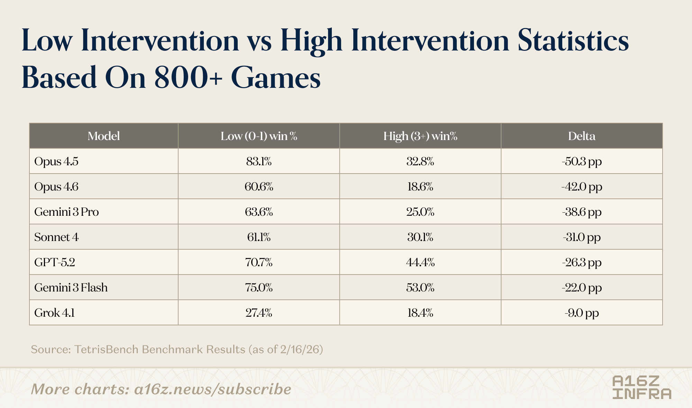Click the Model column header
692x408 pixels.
[104, 136]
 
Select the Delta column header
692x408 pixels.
[582, 136]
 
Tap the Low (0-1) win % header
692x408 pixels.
[259, 136]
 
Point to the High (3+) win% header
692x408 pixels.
[420, 136]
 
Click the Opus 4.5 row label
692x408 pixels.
[56, 161]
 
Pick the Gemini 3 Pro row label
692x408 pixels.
[66, 212]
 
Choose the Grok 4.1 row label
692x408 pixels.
[54, 313]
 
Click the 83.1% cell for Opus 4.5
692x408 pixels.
[259, 161]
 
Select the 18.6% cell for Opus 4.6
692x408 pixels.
[420, 187]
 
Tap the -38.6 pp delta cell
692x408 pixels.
[582, 212]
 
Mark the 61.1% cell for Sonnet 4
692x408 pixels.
[259, 237]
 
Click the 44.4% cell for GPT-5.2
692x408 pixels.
[420, 262]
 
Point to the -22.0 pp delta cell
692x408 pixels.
[582, 288]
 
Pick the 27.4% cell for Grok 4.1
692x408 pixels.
[259, 313]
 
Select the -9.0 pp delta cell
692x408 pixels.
[582, 313]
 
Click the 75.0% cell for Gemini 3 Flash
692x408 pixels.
[259, 288]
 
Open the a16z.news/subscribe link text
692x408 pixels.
[213, 389]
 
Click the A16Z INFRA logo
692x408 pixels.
[642, 387]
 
